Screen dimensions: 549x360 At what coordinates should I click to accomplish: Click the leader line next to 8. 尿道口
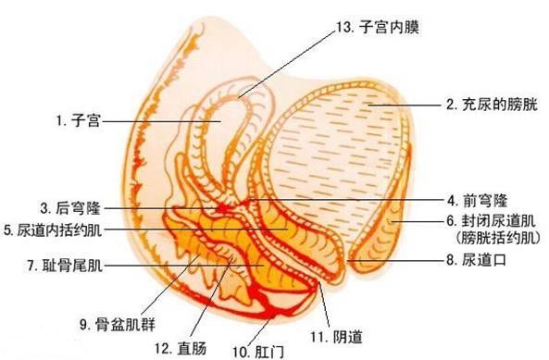398,262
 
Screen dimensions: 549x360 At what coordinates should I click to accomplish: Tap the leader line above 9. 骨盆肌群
168,287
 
